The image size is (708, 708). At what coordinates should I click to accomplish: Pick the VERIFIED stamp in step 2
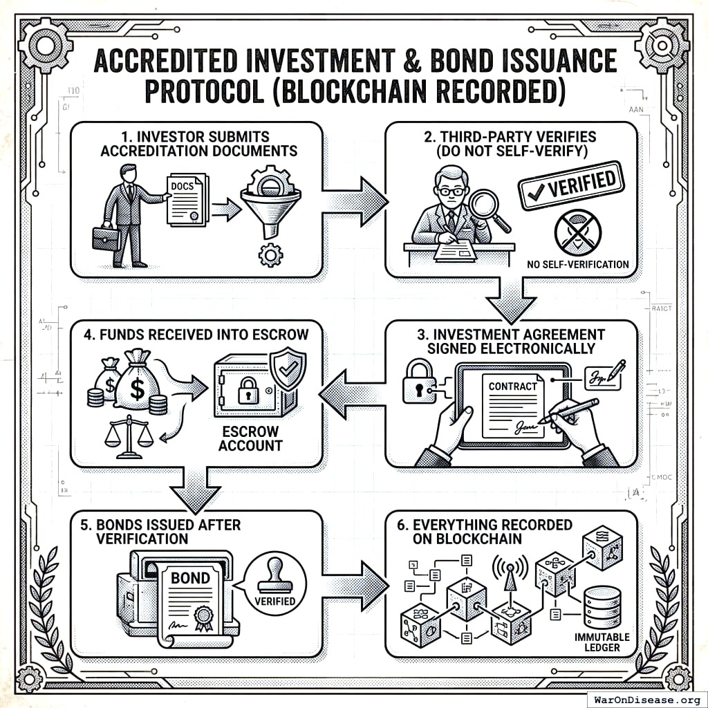point(570,184)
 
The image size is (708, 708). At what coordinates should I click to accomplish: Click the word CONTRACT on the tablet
point(512,386)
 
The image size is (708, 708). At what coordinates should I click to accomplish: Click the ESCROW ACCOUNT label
point(250,438)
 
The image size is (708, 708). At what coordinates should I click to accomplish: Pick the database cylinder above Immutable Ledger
point(602,608)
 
